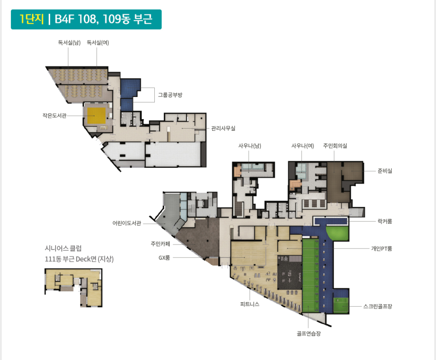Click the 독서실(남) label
pos(69,42)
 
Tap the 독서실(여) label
pos(98,42)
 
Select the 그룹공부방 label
pos(170,95)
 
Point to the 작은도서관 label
pos(55,115)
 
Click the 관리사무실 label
pos(223,128)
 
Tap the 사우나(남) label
pos(250,146)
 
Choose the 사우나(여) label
pos(302,146)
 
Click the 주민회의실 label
pos(335,146)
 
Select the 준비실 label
pos(385,171)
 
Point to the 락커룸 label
pos(385,222)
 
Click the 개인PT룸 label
pos(381,249)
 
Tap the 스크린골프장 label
pos(378,306)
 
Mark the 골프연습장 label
pos(309,333)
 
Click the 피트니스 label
pos(250,304)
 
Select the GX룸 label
pos(164,258)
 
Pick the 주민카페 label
pos(160,244)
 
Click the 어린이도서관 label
pos(127,223)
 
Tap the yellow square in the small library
pos(97,115)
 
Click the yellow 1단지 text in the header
pos(32,19)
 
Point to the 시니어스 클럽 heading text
pos(63,248)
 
